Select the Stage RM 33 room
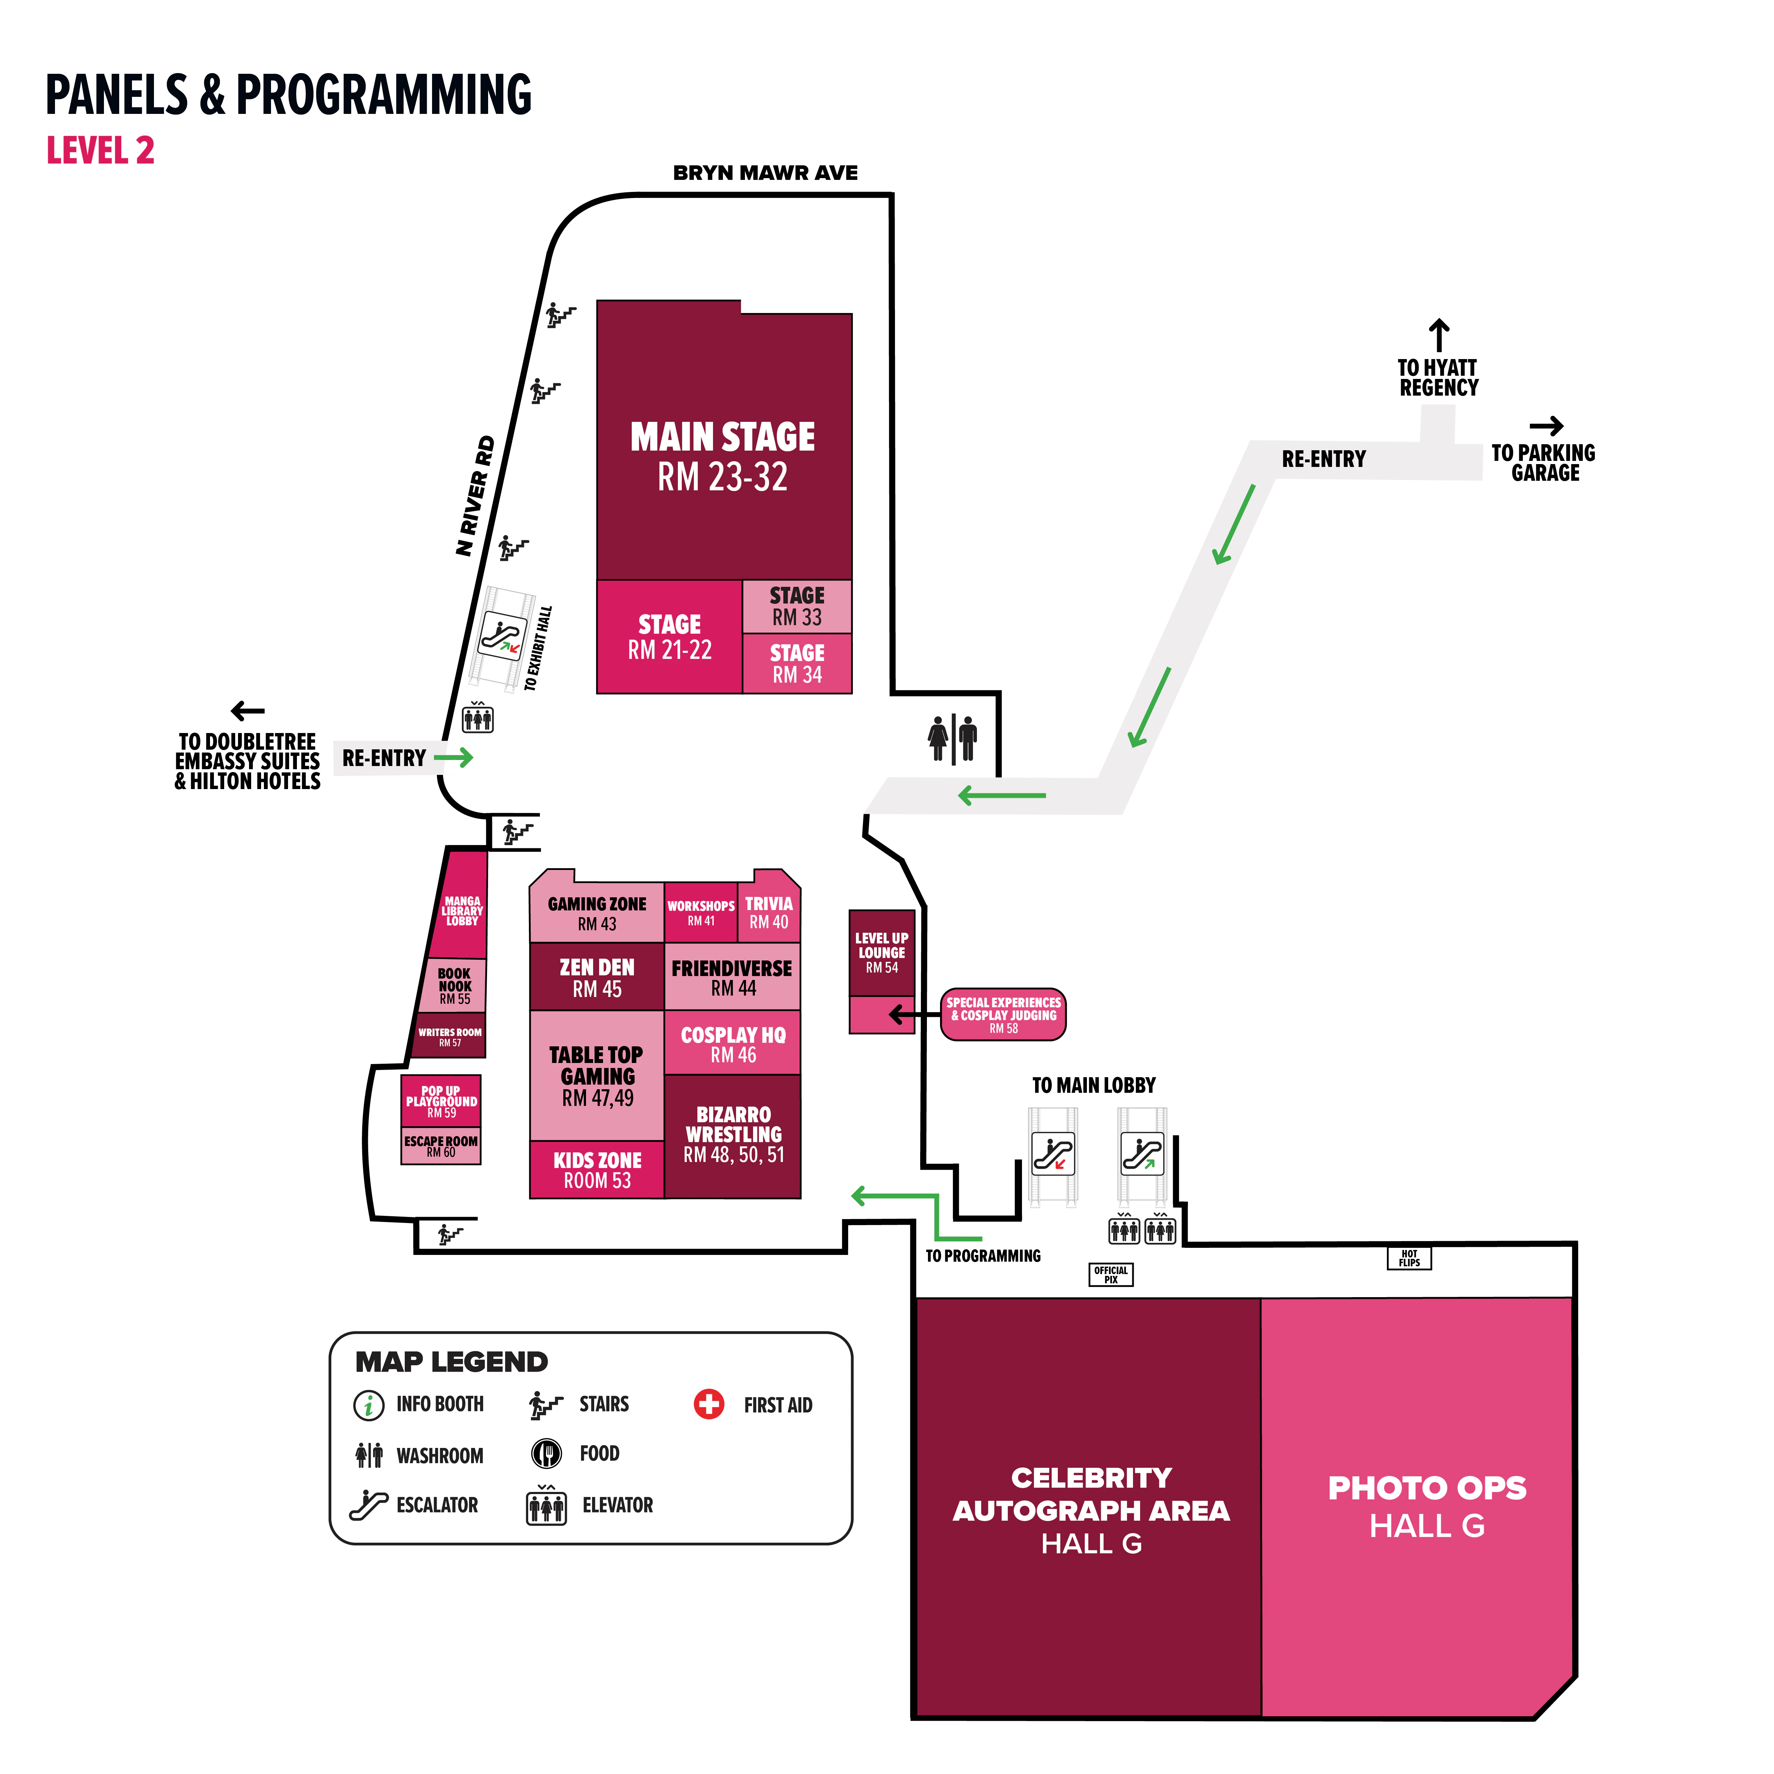tap(797, 606)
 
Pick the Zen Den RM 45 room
tap(597, 977)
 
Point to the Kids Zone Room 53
tap(597, 1170)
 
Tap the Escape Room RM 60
tap(441, 1146)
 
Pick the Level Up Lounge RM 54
tap(882, 953)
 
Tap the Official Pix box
tap(1111, 1274)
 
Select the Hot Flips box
tap(1409, 1258)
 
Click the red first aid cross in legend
tap(709, 1404)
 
